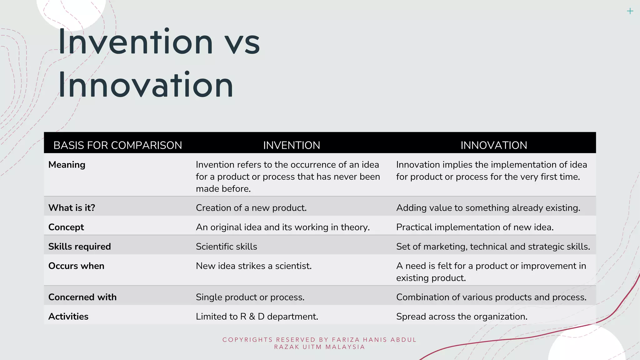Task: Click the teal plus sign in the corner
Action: pos(630,11)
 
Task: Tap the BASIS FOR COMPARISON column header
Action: pos(117,145)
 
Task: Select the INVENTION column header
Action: pos(292,145)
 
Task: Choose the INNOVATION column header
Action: pos(494,145)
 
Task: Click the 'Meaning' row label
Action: pos(67,165)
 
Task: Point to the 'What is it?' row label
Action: pos(72,208)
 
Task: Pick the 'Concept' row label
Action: pos(66,227)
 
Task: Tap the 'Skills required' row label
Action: pos(80,247)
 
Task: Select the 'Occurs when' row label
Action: pos(76,266)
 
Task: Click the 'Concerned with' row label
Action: pos(82,297)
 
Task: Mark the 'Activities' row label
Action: pos(68,317)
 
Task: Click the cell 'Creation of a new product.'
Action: pos(251,208)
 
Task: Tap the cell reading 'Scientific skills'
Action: pos(227,247)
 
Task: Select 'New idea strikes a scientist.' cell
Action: pos(254,266)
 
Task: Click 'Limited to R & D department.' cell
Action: pos(257,317)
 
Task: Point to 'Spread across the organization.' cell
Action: pos(462,317)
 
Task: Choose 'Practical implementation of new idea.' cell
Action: pos(475,227)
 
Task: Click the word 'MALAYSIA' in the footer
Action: pos(345,347)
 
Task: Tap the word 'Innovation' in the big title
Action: pos(146,85)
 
